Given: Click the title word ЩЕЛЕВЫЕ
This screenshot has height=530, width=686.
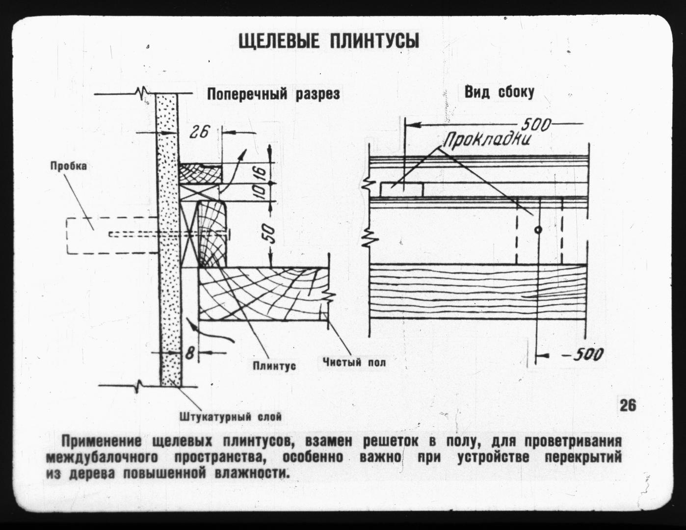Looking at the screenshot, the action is point(278,41).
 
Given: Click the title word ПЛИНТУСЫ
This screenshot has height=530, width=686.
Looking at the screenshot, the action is point(374,41).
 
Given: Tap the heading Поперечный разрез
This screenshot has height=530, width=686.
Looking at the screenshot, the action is point(273,94).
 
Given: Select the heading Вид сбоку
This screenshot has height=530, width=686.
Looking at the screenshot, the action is point(500,92).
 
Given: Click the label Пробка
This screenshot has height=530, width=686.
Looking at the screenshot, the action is point(69,166).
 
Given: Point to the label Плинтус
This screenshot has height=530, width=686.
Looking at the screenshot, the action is point(274,366).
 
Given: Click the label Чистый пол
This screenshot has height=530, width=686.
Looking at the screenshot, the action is point(354,362).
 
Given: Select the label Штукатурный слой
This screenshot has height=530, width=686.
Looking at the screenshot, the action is point(231,417).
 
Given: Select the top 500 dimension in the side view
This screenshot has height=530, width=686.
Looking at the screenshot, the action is point(535,125).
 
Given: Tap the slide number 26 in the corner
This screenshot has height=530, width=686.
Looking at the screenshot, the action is point(628,406).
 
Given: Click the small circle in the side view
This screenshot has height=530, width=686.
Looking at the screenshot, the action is point(538,230).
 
